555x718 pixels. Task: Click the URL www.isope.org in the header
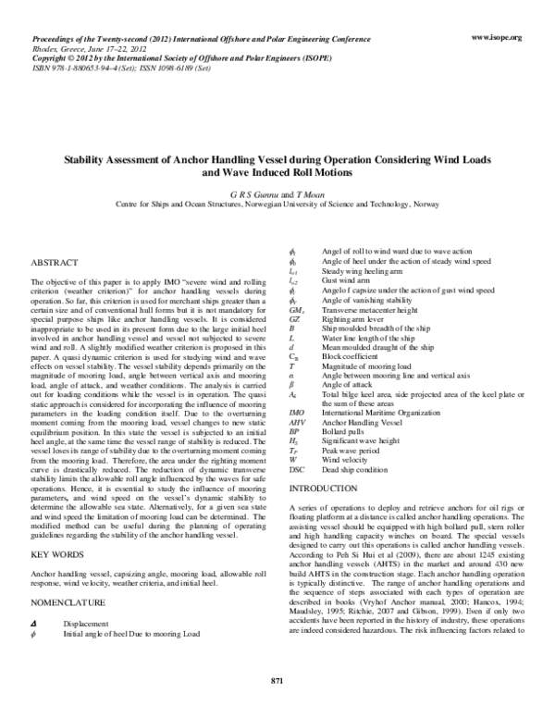[497, 37]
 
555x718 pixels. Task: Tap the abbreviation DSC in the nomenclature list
[298, 469]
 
